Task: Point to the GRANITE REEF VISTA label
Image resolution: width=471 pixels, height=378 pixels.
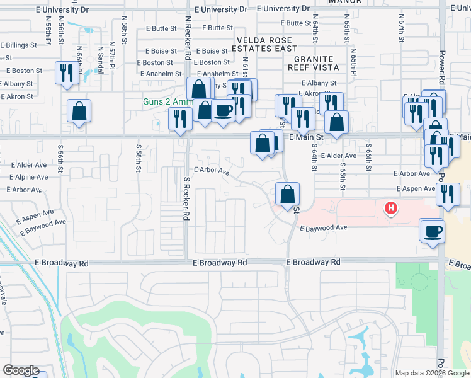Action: [313, 62]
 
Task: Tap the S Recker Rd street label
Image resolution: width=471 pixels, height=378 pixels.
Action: [186, 198]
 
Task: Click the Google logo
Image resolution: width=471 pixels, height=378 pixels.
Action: [21, 370]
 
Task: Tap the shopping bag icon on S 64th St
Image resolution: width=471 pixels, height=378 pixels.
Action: [287, 195]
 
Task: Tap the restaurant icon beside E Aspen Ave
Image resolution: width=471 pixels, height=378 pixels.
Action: [447, 195]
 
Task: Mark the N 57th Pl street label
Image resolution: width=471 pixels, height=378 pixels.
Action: [111, 57]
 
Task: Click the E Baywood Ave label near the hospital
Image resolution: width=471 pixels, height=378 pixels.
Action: [324, 228]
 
